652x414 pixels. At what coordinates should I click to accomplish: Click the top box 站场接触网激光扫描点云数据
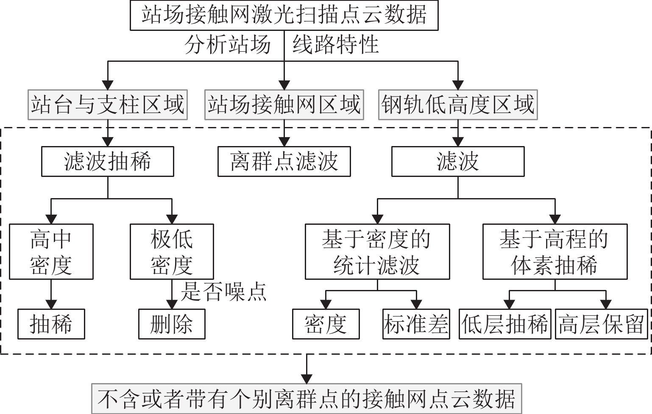[x=284, y=16]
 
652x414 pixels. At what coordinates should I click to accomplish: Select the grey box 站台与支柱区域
[x=108, y=105]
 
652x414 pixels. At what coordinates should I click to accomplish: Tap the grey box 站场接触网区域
[x=284, y=105]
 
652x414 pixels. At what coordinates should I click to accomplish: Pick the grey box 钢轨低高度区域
[x=457, y=105]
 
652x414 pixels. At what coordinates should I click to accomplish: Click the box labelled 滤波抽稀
[x=107, y=161]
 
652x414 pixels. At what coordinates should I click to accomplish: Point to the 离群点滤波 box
[x=284, y=161]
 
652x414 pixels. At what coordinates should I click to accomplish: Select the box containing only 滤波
[x=457, y=161]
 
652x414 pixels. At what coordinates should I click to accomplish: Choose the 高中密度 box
[x=51, y=251]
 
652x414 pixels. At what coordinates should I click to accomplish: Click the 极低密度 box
[x=172, y=251]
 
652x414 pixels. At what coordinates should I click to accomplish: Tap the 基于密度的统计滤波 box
[x=377, y=251]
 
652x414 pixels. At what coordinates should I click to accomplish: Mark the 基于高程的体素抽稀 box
[x=554, y=251]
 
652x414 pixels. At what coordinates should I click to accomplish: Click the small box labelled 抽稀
[x=51, y=324]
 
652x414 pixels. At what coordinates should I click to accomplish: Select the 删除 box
[x=172, y=324]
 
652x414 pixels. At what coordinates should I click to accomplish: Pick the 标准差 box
[x=415, y=324]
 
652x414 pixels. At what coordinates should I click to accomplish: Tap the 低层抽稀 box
[x=505, y=324]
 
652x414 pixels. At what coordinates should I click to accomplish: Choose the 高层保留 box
[x=602, y=324]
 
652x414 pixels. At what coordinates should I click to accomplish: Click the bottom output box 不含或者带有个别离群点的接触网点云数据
[x=306, y=398]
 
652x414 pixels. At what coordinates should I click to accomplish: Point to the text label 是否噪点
[x=223, y=292]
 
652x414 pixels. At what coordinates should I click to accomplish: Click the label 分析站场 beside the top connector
[x=228, y=44]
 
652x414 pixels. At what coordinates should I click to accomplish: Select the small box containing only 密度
[x=326, y=324]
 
